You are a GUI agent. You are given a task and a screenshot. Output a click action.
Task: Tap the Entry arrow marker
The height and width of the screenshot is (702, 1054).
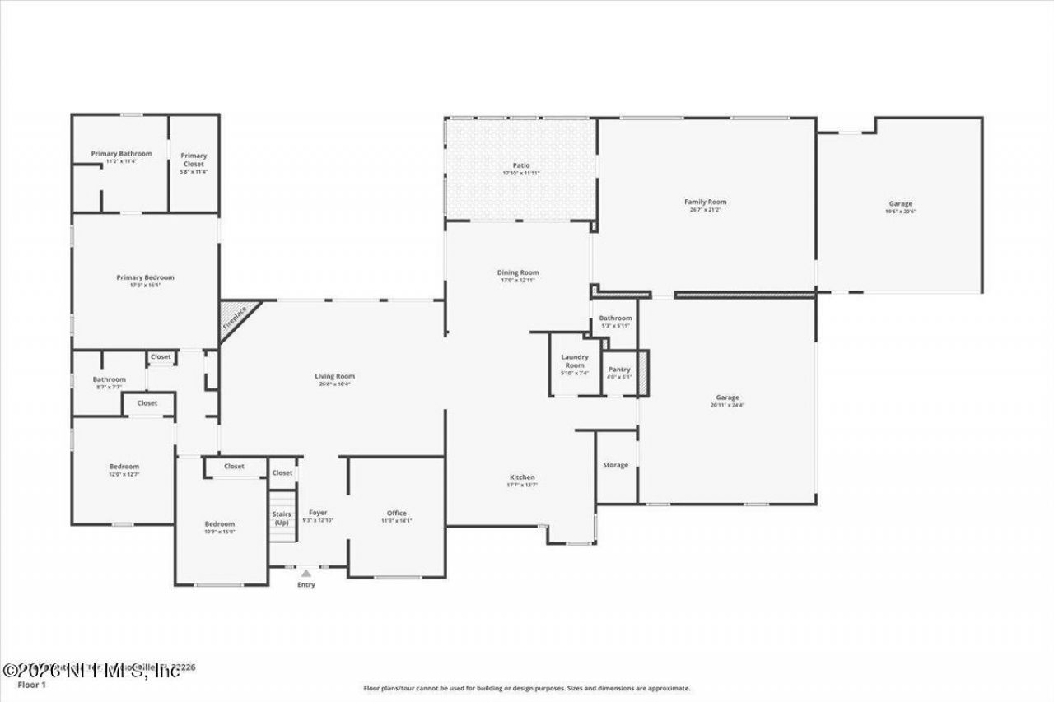(x=305, y=574)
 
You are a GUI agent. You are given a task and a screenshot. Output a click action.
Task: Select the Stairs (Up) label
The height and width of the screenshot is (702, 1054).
(x=282, y=518)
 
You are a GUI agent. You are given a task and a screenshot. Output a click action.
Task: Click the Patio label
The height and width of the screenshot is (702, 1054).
(x=520, y=165)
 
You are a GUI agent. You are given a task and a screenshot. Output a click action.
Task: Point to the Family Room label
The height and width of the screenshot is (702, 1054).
(x=706, y=202)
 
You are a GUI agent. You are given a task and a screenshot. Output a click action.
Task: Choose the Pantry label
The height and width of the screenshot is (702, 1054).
(x=619, y=370)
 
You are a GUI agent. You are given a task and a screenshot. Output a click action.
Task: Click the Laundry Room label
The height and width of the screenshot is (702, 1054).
(x=575, y=360)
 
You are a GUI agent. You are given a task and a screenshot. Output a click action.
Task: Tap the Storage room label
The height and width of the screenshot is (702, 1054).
(x=615, y=465)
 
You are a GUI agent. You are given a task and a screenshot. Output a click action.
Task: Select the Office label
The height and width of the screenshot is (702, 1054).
(x=397, y=513)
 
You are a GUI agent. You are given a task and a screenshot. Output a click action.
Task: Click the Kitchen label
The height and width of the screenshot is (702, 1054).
(x=522, y=477)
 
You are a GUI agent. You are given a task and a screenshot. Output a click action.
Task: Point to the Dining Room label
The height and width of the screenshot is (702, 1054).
(x=518, y=272)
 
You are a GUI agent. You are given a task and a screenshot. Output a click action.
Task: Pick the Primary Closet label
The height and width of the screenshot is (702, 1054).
(x=194, y=160)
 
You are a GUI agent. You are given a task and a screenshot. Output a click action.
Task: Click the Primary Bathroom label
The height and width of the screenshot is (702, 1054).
(x=122, y=153)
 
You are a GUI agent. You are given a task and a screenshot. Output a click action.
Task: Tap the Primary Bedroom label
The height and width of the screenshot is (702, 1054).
(x=145, y=277)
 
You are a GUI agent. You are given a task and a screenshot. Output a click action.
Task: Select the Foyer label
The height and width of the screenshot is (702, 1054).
(x=318, y=513)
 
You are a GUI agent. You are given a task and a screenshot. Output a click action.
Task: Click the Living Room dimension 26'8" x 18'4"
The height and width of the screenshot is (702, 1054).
(x=334, y=384)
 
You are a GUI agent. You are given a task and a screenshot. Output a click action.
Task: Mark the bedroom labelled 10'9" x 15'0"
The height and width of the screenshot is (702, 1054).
(x=220, y=531)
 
